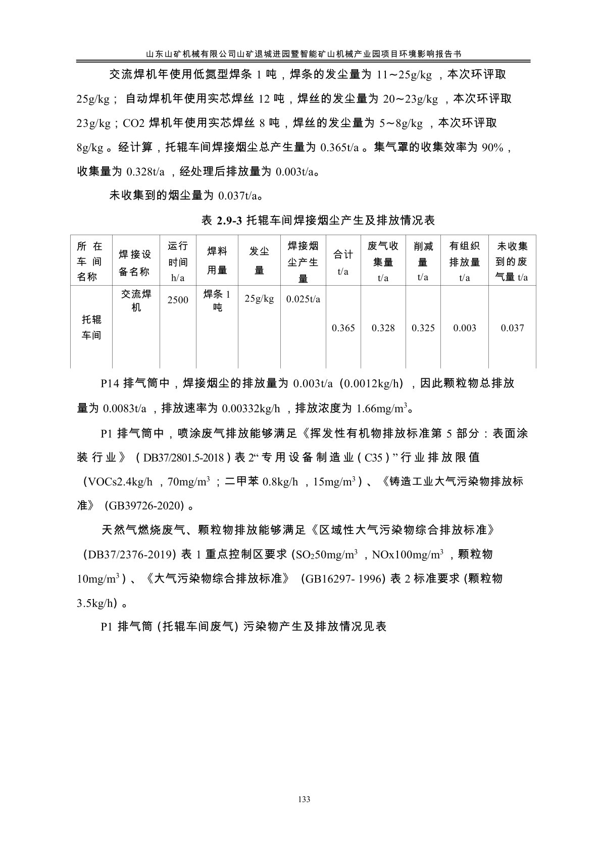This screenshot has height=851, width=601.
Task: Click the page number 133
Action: (304, 799)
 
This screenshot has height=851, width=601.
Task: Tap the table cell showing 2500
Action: (178, 300)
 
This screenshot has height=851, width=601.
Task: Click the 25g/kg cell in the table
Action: (259, 299)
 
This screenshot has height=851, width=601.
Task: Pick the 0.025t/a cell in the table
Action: (303, 299)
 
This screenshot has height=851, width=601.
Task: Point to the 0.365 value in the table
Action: (343, 328)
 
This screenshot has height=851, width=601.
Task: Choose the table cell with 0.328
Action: (383, 328)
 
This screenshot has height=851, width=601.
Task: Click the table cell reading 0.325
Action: (423, 328)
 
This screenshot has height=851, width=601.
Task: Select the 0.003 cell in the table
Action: (464, 328)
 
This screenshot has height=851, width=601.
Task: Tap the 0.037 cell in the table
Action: (512, 328)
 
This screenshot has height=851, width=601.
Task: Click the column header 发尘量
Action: (259, 261)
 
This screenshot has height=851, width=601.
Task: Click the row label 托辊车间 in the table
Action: (91, 327)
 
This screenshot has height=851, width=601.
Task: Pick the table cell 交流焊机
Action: (136, 300)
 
